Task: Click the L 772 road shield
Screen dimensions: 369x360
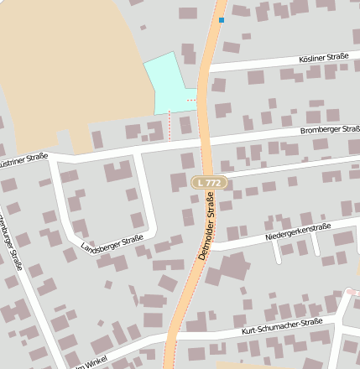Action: click(x=209, y=182)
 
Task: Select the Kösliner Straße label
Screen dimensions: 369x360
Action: click(x=323, y=58)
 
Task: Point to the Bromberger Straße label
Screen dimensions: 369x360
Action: click(x=330, y=130)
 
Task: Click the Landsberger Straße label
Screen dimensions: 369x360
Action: click(x=112, y=245)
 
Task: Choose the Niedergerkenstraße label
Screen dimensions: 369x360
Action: click(x=298, y=231)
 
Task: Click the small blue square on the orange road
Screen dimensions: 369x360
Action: click(x=222, y=19)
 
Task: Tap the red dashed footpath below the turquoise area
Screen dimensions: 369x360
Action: click(x=170, y=127)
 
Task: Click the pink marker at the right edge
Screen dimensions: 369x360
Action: click(x=352, y=292)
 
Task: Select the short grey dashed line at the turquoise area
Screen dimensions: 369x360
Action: click(x=191, y=100)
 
